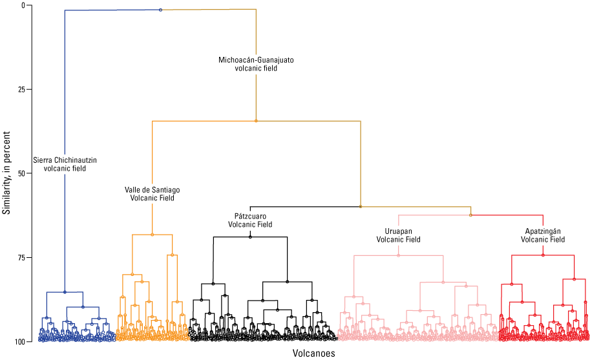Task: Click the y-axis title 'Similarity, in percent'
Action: tap(6, 173)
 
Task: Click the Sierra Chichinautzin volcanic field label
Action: tap(65, 164)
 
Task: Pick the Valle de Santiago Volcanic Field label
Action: tap(152, 194)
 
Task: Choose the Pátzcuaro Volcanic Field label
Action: tap(250, 220)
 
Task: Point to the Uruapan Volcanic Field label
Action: tap(398, 235)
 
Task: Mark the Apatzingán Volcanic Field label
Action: tap(543, 235)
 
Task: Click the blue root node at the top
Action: tap(160, 10)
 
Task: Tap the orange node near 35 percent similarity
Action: tap(256, 121)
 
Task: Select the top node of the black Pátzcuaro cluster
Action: tap(250, 237)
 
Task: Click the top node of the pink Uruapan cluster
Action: tap(398, 255)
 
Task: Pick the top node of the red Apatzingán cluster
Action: tap(543, 255)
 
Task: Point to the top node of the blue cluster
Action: tap(65, 292)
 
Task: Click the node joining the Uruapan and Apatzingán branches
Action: tap(470, 215)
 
